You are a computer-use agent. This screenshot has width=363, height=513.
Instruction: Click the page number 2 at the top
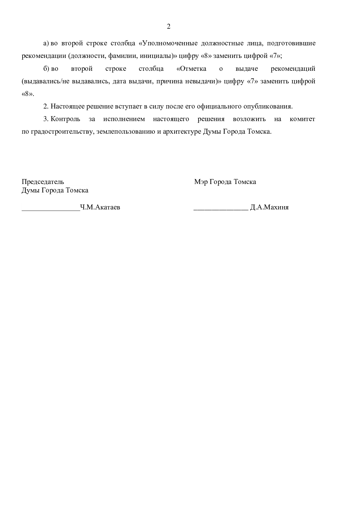click(168, 27)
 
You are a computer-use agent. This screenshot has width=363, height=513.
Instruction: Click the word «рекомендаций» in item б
click(293, 69)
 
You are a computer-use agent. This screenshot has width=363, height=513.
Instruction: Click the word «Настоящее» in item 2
click(68, 106)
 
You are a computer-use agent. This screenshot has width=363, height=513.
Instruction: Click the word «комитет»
click(302, 119)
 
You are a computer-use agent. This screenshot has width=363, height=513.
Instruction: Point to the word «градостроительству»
click(60, 132)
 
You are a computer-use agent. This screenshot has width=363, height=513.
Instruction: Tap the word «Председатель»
click(43, 182)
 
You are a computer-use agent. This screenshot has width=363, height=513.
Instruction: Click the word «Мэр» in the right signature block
click(201, 182)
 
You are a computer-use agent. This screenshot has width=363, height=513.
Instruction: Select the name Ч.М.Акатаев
click(100, 207)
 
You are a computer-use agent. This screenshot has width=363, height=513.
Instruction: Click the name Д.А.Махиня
click(269, 207)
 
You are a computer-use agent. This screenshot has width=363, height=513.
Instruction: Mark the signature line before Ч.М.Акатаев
click(51, 210)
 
